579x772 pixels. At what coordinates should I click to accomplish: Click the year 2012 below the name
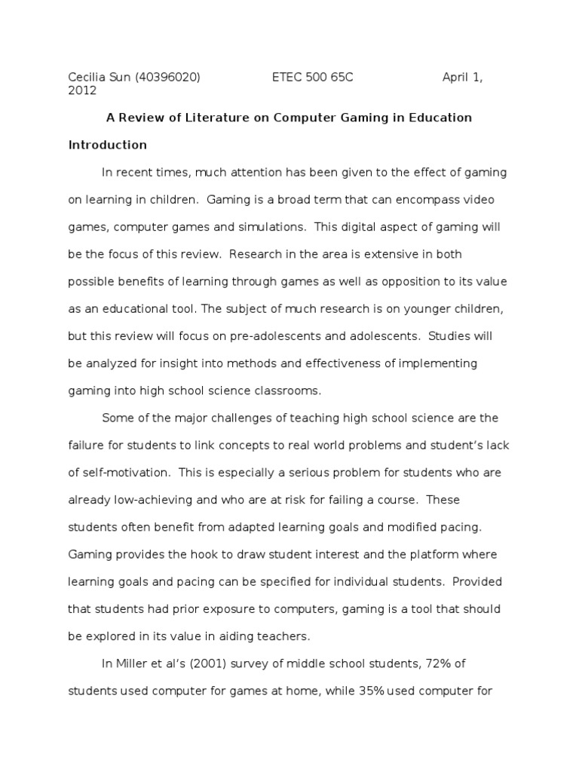click(x=82, y=90)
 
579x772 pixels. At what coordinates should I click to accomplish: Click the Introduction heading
click(x=107, y=145)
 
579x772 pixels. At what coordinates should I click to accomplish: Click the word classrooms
click(x=288, y=390)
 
